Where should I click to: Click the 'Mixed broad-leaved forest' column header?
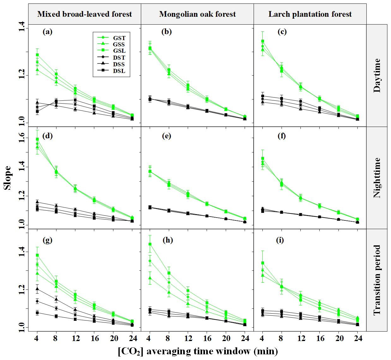tap(85, 14)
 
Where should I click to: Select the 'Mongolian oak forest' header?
tap(197, 14)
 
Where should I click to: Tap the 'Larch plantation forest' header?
tap(310, 14)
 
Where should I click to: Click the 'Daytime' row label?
tap(377, 75)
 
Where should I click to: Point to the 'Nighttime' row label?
tap(377, 178)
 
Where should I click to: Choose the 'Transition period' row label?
tap(377, 280)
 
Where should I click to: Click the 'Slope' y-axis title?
tap(8, 178)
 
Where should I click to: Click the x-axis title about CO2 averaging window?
tap(198, 351)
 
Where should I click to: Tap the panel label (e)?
tap(166, 136)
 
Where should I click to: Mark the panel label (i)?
tap(280, 240)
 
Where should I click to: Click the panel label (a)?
tap(47, 32)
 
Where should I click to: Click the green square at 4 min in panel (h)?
tap(150, 244)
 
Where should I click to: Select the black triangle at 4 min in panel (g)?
tap(37, 289)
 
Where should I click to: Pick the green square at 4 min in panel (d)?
tap(37, 139)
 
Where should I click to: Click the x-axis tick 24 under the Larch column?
tap(358, 339)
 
